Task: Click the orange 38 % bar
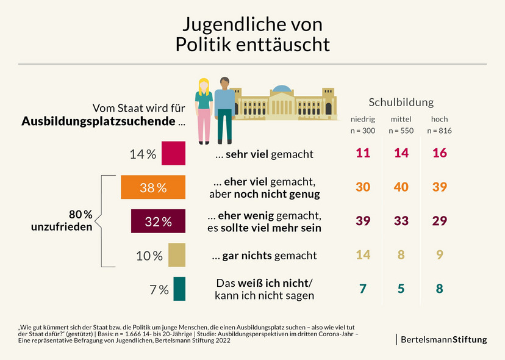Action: (152, 187)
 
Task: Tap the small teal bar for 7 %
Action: (179, 289)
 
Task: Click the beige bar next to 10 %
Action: (176, 255)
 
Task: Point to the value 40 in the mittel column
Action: (401, 187)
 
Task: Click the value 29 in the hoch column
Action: (439, 221)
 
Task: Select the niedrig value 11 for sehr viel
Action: (363, 154)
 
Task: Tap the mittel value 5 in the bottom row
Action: (401, 289)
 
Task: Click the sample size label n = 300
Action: (363, 131)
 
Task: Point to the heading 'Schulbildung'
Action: (401, 102)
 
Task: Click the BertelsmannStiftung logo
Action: (443, 339)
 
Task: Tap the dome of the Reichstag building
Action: (281, 88)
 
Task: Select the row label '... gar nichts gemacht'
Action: (256, 256)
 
